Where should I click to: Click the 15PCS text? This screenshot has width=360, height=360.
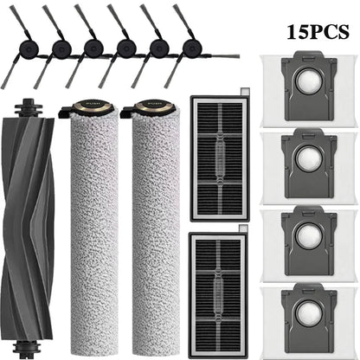click(x=318, y=31)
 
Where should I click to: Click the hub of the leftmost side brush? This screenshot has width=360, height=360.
click(x=28, y=48)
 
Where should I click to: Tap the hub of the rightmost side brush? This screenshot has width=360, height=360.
click(x=192, y=48)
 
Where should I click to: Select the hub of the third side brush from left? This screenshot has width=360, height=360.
click(x=93, y=48)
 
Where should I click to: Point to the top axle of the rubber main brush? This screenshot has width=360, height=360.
click(x=28, y=107)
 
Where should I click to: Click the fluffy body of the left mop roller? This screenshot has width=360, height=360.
click(x=94, y=234)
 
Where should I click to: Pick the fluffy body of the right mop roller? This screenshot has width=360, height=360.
click(x=156, y=234)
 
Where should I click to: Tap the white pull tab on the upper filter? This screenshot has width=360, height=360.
click(x=244, y=91)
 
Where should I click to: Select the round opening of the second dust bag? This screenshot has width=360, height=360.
click(x=308, y=158)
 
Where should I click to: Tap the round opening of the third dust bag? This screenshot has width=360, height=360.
click(x=308, y=235)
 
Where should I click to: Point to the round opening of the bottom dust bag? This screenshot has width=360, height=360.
click(x=308, y=313)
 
